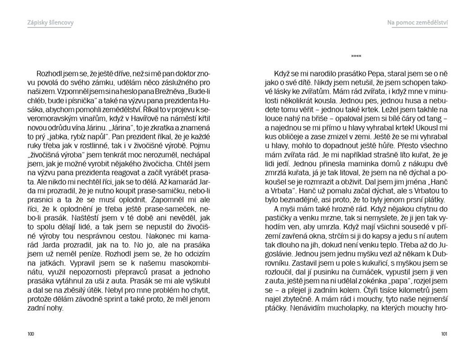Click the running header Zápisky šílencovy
[50, 22]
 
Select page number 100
[31, 334]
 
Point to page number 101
[444, 334]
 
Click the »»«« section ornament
[356, 56]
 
